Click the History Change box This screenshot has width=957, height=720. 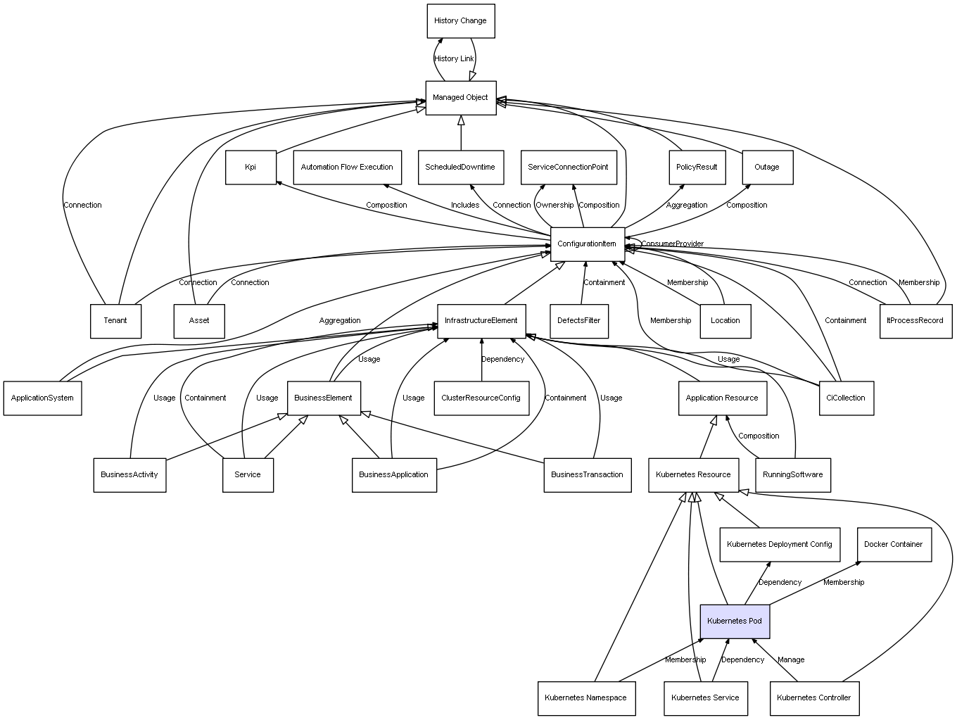(x=461, y=21)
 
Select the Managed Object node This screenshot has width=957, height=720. (x=460, y=98)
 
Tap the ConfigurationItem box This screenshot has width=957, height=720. (x=587, y=244)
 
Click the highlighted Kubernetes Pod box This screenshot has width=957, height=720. (x=735, y=621)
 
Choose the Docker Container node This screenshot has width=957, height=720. (x=893, y=545)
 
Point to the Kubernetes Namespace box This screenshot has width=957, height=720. (x=585, y=698)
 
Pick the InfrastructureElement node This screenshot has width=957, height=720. (x=481, y=321)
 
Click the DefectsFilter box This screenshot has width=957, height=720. (x=579, y=321)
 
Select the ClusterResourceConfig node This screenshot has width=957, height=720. (x=481, y=398)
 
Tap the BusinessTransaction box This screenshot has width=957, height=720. (x=587, y=475)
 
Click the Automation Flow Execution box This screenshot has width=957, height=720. (x=347, y=168)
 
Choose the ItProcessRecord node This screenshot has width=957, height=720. (x=915, y=321)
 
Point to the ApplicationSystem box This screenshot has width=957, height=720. (x=42, y=398)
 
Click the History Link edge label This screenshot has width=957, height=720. (x=454, y=59)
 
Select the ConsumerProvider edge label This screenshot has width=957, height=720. (x=672, y=244)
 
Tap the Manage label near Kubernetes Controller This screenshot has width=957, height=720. (x=791, y=660)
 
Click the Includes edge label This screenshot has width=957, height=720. (x=465, y=206)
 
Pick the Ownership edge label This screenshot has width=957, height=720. (x=554, y=206)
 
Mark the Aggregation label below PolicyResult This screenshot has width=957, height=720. (x=687, y=206)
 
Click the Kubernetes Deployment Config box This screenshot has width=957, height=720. (x=779, y=545)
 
